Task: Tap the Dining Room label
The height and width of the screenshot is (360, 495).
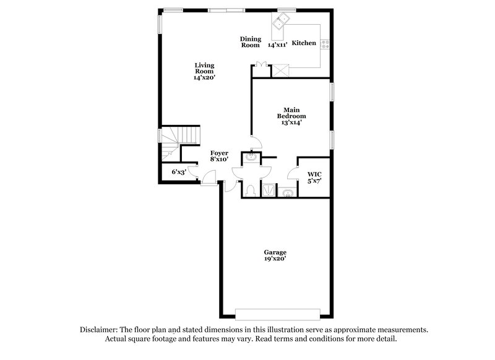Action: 250,41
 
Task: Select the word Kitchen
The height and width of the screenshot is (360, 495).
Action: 304,43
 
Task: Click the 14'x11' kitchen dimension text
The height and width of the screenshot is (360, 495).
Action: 278,45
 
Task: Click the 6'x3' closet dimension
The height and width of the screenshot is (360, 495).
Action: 179,172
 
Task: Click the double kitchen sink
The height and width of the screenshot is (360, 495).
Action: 282,23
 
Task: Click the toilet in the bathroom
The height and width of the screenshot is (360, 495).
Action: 251,189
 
